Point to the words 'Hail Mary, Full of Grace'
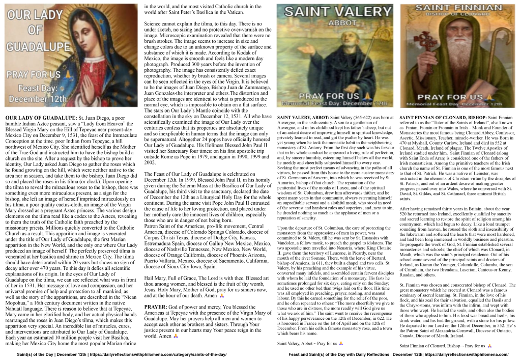(173, 279)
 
